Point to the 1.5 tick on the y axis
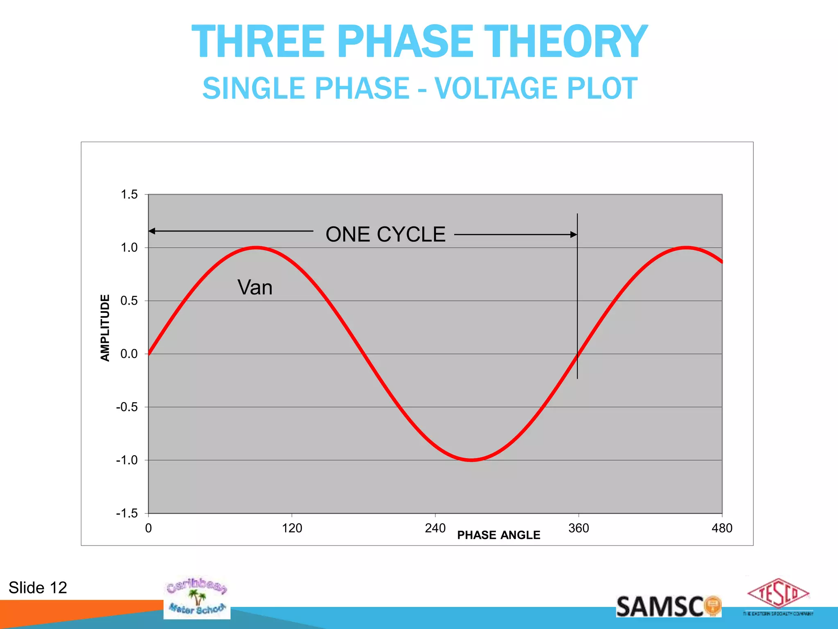(x=129, y=195)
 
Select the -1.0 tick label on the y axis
(x=127, y=460)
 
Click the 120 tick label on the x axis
(x=292, y=528)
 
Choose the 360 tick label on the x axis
(x=579, y=528)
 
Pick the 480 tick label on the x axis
(x=722, y=528)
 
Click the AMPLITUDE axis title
(x=105, y=328)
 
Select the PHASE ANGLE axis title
(x=498, y=535)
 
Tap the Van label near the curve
(x=255, y=287)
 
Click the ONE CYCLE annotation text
(x=385, y=235)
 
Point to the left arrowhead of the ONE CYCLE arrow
(x=151, y=231)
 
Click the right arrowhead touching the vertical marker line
(x=574, y=235)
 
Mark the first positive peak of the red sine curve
(x=256, y=248)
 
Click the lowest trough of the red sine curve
(x=471, y=460)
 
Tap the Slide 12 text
(x=38, y=588)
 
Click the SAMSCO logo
(x=668, y=606)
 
